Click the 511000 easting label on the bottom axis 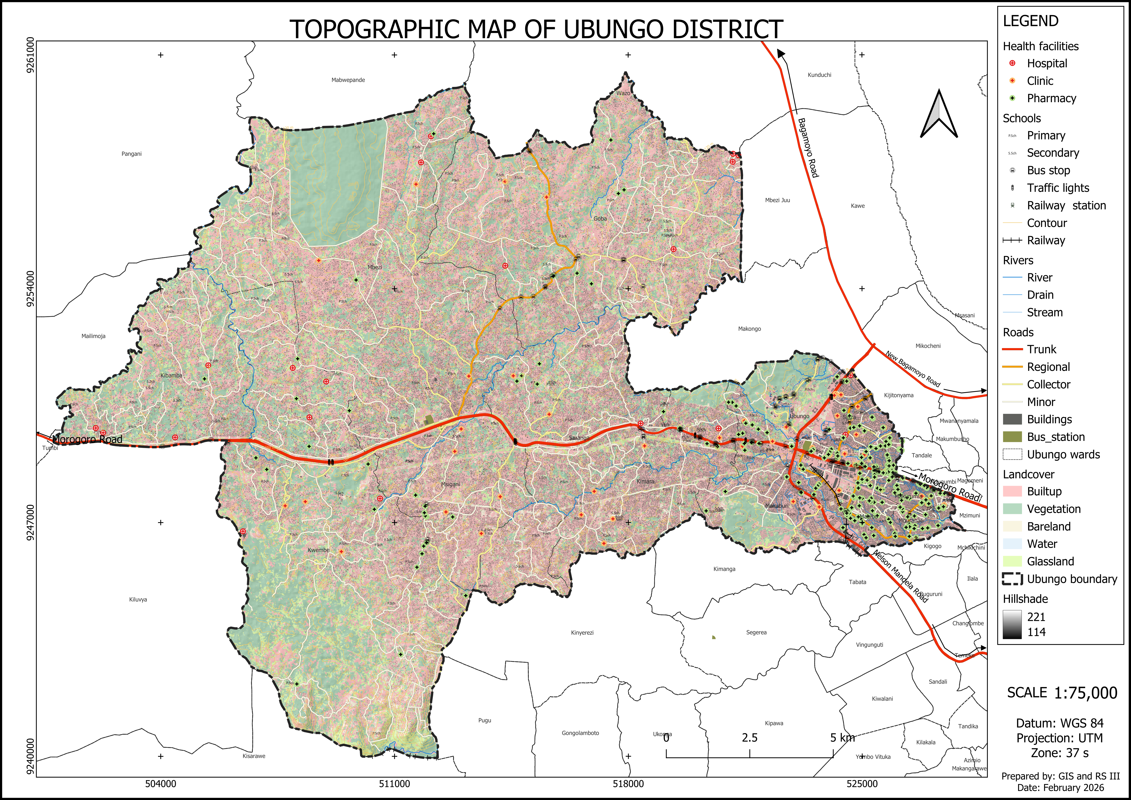pyautogui.click(x=394, y=784)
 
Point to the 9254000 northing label pyautogui.click(x=31, y=288)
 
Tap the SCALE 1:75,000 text pyautogui.click(x=1061, y=693)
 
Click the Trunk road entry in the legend pyautogui.click(x=1041, y=349)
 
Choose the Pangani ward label pyautogui.click(x=132, y=154)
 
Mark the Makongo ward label pyautogui.click(x=749, y=329)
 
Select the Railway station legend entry pyautogui.click(x=1066, y=206)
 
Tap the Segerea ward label pyautogui.click(x=756, y=632)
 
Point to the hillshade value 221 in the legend pyautogui.click(x=1036, y=617)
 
